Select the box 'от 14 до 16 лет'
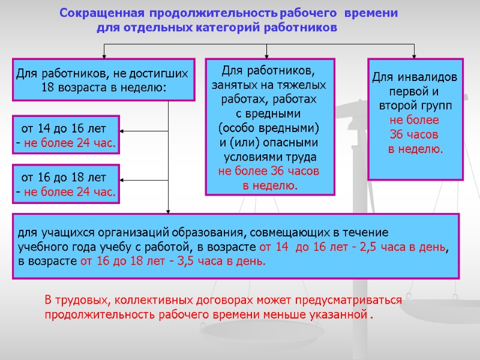pos(66,136)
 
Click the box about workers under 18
pos(103,80)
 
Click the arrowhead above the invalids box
pos(414,55)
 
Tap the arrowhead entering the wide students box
pos(169,211)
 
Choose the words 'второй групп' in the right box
pos(415,106)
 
